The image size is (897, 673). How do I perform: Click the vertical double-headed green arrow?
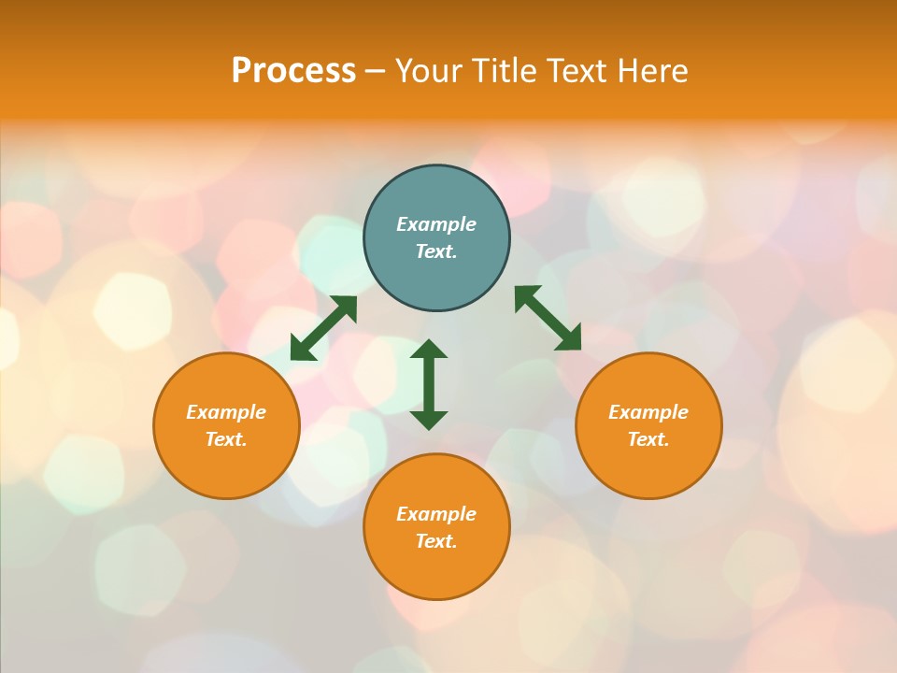(429, 384)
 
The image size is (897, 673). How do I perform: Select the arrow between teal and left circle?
(323, 328)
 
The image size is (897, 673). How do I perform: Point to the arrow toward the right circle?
(548, 319)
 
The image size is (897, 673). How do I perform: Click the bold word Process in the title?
(293, 71)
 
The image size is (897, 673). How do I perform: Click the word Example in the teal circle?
(436, 224)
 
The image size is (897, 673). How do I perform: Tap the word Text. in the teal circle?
(436, 251)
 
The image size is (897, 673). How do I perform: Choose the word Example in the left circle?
(226, 412)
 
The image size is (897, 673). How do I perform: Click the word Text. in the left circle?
(226, 439)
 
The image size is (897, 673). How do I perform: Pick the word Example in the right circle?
(648, 412)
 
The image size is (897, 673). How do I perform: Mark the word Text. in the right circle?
(648, 439)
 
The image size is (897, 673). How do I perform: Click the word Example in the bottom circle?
(436, 514)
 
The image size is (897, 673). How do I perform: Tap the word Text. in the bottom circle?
(436, 541)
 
